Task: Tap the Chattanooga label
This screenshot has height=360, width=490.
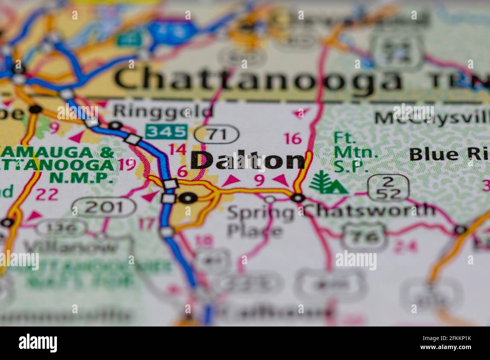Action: coord(258,80)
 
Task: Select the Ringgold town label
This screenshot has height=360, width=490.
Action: coord(163,111)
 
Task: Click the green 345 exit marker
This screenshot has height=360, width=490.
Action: coord(167,131)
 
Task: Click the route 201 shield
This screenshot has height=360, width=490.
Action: coord(104,207)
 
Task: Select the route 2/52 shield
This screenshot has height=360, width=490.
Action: coord(389,187)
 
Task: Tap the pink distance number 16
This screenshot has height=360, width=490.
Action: coord(293,139)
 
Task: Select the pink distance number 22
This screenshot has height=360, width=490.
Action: coord(48,194)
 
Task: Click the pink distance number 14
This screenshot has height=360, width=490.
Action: coord(177,149)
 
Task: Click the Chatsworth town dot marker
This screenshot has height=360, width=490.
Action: coord(299,197)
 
